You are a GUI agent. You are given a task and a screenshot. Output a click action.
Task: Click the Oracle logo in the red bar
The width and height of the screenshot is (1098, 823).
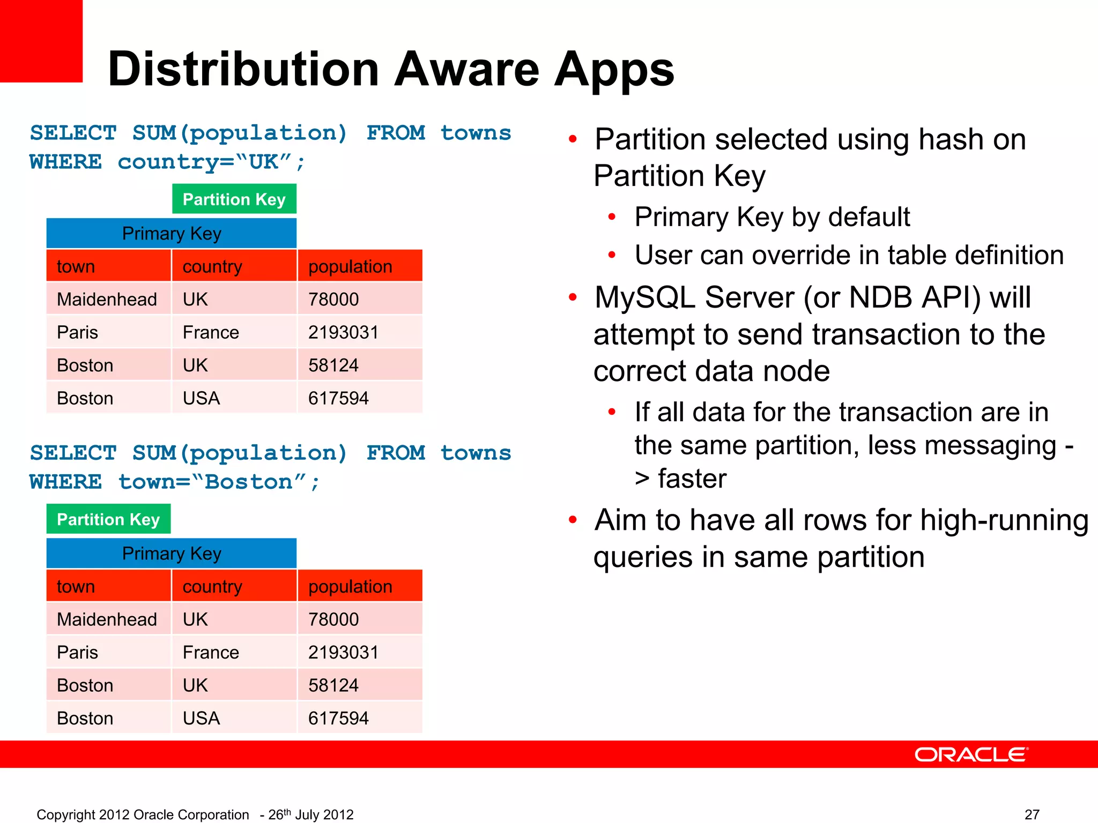(971, 754)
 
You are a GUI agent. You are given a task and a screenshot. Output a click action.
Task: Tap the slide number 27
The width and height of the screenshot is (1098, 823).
(1032, 814)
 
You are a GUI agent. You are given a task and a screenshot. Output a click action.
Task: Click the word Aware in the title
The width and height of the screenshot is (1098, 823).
(466, 70)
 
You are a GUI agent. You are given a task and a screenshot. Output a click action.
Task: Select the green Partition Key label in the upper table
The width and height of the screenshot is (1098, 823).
(234, 199)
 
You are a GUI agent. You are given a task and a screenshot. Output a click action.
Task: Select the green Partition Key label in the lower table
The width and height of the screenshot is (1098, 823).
(108, 519)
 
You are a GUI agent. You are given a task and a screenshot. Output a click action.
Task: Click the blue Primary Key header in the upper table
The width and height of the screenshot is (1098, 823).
(172, 234)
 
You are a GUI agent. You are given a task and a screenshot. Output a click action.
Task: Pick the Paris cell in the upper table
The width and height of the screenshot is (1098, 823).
(78, 332)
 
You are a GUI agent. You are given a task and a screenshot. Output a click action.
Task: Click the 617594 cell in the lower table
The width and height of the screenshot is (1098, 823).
(338, 718)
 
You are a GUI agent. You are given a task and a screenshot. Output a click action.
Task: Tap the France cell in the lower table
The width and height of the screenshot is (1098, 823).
(211, 652)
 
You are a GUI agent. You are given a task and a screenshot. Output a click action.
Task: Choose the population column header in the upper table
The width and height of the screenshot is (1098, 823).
(350, 266)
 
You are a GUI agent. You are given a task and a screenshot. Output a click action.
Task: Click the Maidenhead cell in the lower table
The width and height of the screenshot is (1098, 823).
(107, 619)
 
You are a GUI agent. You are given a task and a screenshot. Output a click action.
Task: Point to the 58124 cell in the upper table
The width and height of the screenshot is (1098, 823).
(333, 365)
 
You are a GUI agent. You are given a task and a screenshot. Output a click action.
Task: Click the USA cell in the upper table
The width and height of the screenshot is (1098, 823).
(201, 398)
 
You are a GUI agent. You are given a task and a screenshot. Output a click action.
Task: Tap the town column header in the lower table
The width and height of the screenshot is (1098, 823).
(76, 586)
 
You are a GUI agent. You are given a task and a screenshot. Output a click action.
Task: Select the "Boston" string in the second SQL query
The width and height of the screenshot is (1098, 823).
(249, 482)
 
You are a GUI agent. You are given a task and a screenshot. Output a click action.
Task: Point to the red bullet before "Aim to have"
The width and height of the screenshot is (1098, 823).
(573, 520)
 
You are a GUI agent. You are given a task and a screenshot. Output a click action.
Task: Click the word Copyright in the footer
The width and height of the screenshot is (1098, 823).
(66, 814)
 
